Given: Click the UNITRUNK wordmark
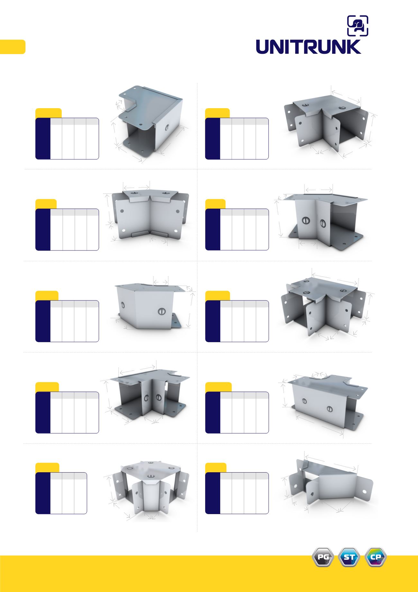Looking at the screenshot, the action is [309, 47].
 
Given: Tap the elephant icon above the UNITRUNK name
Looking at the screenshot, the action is [358, 25].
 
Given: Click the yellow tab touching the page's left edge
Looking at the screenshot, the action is [13, 47].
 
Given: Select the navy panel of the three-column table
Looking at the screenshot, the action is [43, 493].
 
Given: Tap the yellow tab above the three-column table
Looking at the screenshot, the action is [47, 467].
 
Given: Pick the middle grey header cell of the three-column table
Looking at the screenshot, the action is [68, 476].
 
